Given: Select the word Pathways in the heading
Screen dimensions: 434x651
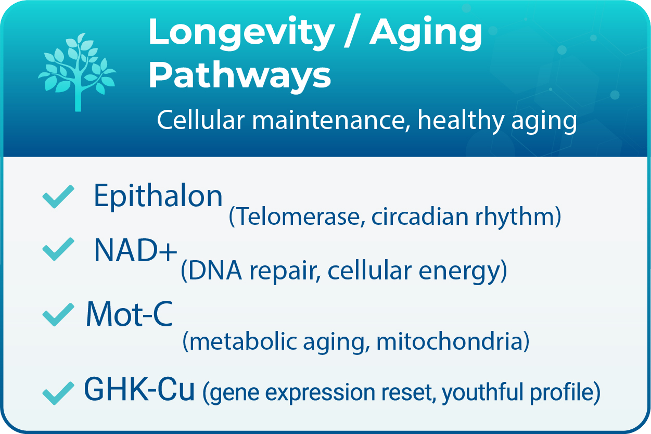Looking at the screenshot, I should [x=240, y=75].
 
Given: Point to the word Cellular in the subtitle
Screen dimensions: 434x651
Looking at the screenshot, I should [x=200, y=121].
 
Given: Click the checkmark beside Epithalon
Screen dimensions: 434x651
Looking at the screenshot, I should [x=57, y=197].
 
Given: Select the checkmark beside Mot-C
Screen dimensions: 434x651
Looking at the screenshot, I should [x=57, y=315].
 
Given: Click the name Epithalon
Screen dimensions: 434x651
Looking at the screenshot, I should [x=158, y=197].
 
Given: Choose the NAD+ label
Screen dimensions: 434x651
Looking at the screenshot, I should [x=135, y=251].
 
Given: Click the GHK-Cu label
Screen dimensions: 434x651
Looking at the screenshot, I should [x=139, y=390].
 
